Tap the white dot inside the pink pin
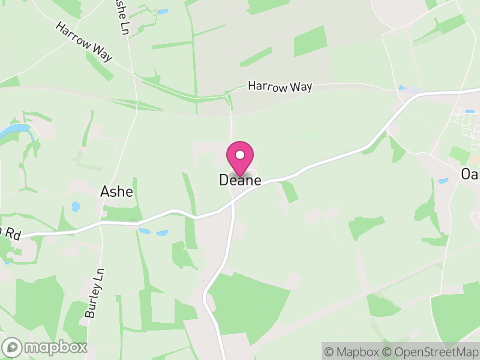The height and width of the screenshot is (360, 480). [240, 155]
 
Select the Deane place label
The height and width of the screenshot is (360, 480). [240, 180]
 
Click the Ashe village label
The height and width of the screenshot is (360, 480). [116, 192]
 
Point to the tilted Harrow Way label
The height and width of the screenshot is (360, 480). [84, 42]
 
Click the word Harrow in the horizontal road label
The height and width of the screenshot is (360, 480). [268, 86]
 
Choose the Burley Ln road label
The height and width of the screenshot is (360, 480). [95, 293]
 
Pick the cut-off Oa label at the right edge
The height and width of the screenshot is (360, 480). [470, 174]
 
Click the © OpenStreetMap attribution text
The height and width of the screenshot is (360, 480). [430, 352]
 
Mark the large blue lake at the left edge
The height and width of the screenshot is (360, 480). [12, 131]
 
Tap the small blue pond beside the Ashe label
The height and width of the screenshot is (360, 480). [76, 207]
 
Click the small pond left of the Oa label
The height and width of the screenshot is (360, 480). [443, 181]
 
